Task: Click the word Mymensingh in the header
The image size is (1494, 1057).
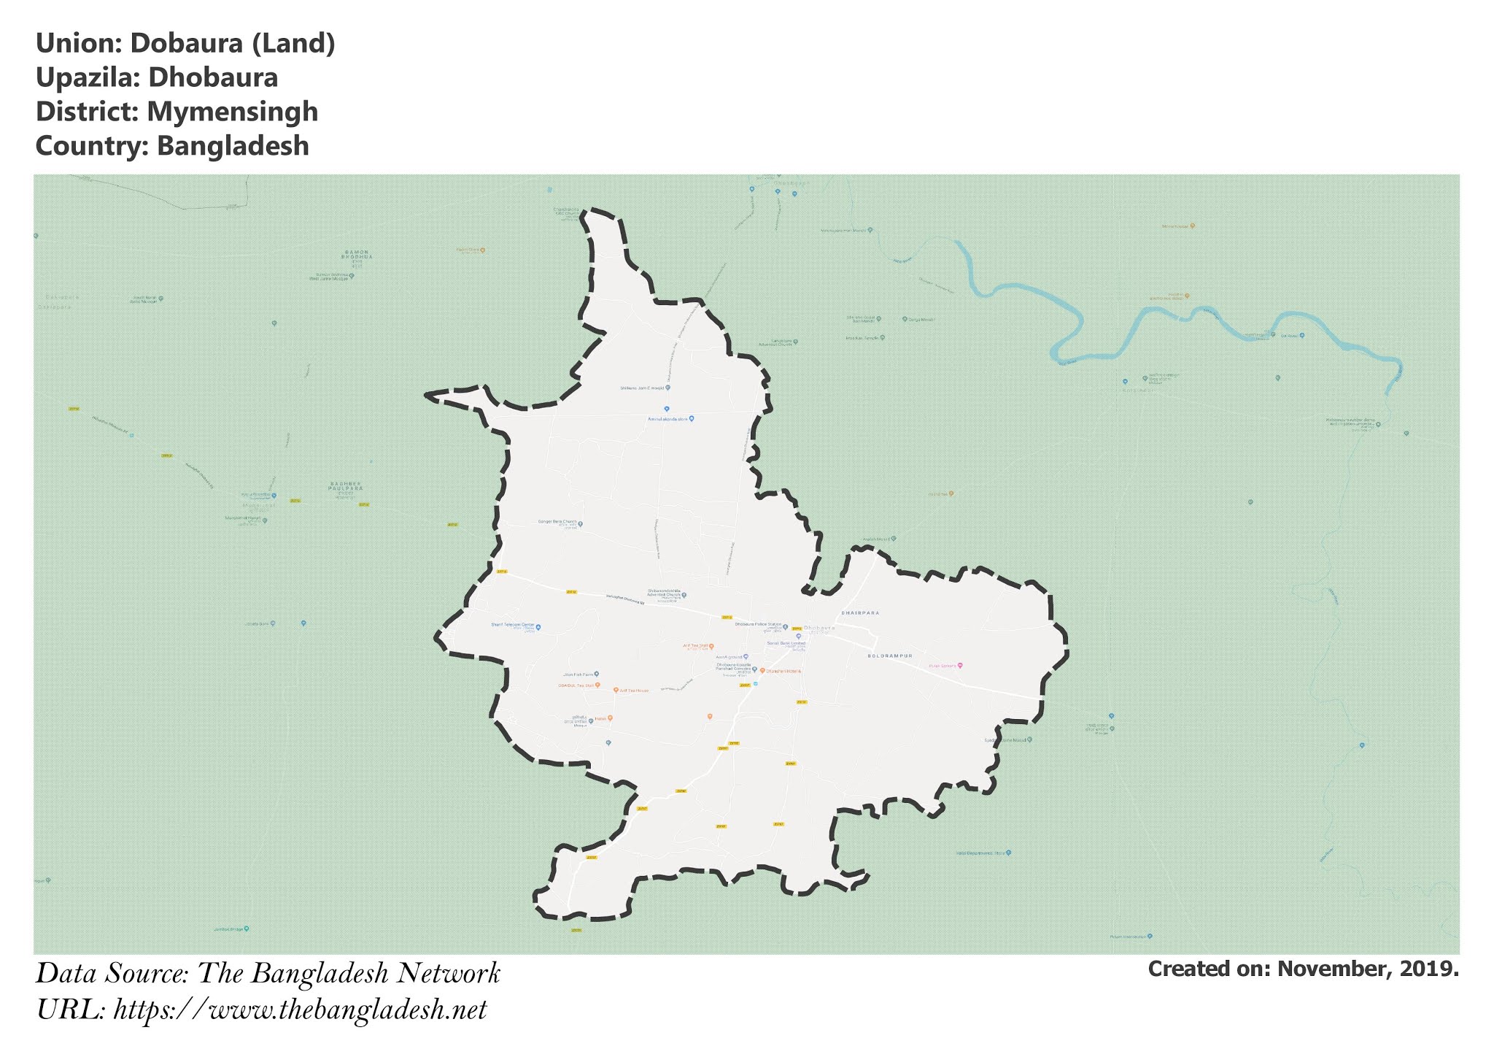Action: pyautogui.click(x=232, y=112)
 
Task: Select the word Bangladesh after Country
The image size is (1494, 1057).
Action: pyautogui.click(x=233, y=146)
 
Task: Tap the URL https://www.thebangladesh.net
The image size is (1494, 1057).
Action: pyautogui.click(x=300, y=1010)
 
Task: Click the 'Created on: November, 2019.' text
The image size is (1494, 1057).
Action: pyautogui.click(x=1303, y=969)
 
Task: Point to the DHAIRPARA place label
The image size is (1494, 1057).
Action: pyautogui.click(x=860, y=613)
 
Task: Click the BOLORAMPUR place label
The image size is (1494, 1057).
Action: pyautogui.click(x=890, y=656)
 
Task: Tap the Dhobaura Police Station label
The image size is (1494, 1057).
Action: pyautogui.click(x=758, y=625)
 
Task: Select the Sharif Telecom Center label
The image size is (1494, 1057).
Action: pyautogui.click(x=514, y=626)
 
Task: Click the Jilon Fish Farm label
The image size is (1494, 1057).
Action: pyautogui.click(x=578, y=674)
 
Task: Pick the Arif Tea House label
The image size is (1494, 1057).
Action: pyautogui.click(x=634, y=691)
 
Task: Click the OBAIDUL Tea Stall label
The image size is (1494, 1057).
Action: pyautogui.click(x=576, y=685)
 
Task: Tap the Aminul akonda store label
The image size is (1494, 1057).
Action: pyautogui.click(x=668, y=419)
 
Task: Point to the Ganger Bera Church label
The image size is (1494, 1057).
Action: pyautogui.click(x=557, y=522)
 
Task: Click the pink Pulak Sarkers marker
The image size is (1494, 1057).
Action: pyautogui.click(x=960, y=666)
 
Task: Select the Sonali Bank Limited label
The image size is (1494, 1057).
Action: pyautogui.click(x=786, y=643)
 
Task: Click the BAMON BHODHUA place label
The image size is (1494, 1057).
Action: pyautogui.click(x=357, y=255)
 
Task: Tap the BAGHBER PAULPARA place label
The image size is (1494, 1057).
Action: pyautogui.click(x=345, y=486)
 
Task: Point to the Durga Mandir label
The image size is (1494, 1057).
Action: pyautogui.click(x=918, y=320)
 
